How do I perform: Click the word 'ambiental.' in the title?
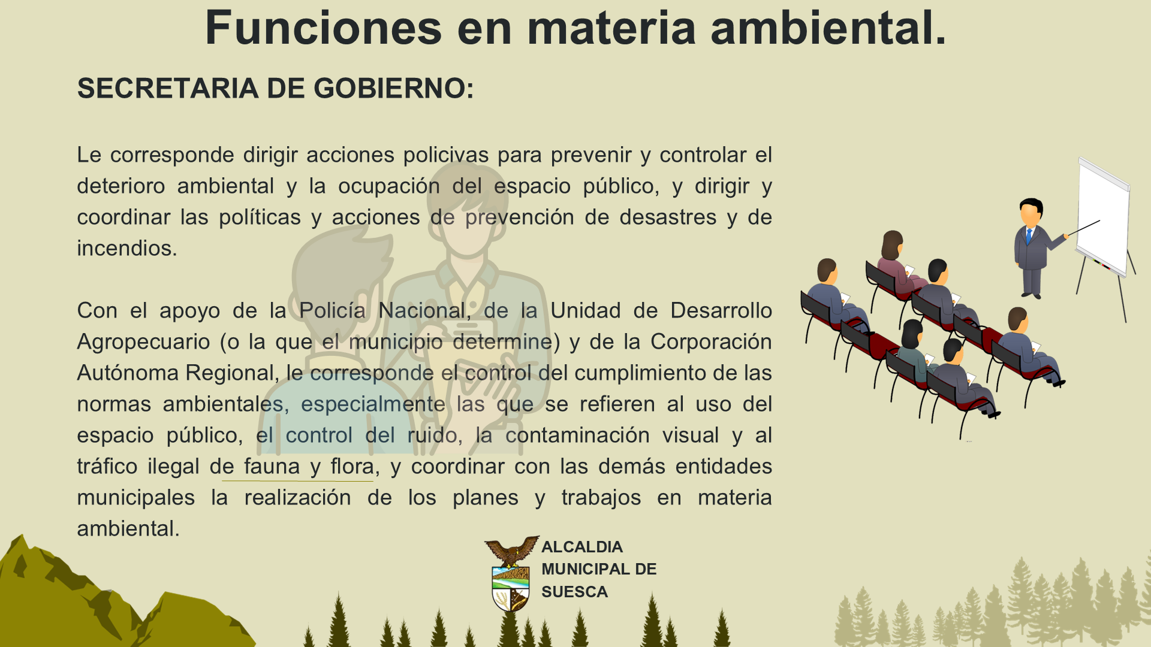coord(828,28)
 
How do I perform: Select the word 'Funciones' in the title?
coord(324,28)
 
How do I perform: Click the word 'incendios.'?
coord(127,248)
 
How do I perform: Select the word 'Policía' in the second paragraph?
coord(332,311)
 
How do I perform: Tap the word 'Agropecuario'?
coord(144,343)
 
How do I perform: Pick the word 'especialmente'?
coord(373,405)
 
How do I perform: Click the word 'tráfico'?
coord(107,467)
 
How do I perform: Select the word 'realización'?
coord(297,498)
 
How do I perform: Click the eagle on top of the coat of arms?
coord(512,551)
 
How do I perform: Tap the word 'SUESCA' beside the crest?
coord(574,592)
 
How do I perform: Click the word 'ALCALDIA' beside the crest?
coord(582,547)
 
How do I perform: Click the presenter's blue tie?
coord(1029,235)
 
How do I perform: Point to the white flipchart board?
coord(1103,216)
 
